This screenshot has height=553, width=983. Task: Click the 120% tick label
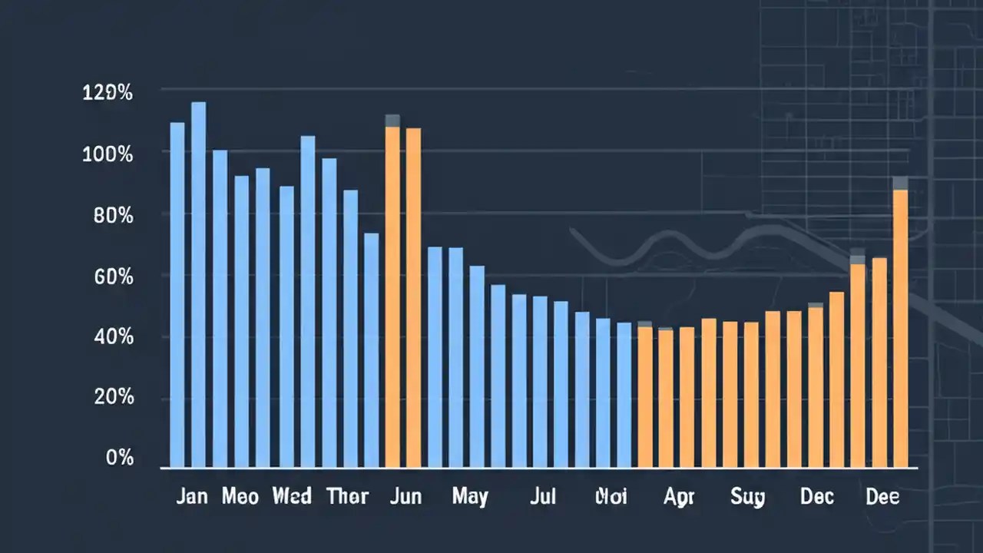(108, 94)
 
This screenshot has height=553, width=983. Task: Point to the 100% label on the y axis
(108, 154)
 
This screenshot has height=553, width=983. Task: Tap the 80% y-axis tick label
(113, 216)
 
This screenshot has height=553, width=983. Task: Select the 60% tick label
(113, 276)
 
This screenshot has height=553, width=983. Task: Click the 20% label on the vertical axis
(113, 398)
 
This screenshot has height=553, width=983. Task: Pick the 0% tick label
(120, 459)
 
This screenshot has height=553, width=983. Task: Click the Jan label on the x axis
(191, 496)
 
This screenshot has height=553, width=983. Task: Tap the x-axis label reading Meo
(240, 496)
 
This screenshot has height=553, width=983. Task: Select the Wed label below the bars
(292, 496)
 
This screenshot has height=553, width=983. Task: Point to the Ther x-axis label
(347, 496)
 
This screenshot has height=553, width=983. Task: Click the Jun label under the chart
(405, 496)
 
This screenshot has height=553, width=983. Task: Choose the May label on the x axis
(469, 497)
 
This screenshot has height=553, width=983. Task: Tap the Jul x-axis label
(542, 496)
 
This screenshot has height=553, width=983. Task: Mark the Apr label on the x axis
(679, 497)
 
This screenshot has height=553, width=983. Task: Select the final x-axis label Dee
(882, 496)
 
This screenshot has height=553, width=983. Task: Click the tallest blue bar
(199, 284)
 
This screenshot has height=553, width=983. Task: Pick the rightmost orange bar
(900, 330)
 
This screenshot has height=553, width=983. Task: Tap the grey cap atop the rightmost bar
(900, 183)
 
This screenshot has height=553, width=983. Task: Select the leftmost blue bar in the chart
(177, 295)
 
